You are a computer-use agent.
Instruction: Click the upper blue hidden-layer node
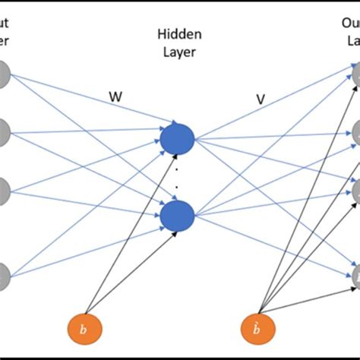pos(177,137)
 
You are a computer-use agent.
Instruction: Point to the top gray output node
pos(355,74)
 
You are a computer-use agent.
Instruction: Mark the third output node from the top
pos(355,192)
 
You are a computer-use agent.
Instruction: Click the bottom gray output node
pos(355,274)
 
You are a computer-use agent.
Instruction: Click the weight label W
pos(116,98)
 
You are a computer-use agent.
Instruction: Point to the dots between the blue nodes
pos(177,166)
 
